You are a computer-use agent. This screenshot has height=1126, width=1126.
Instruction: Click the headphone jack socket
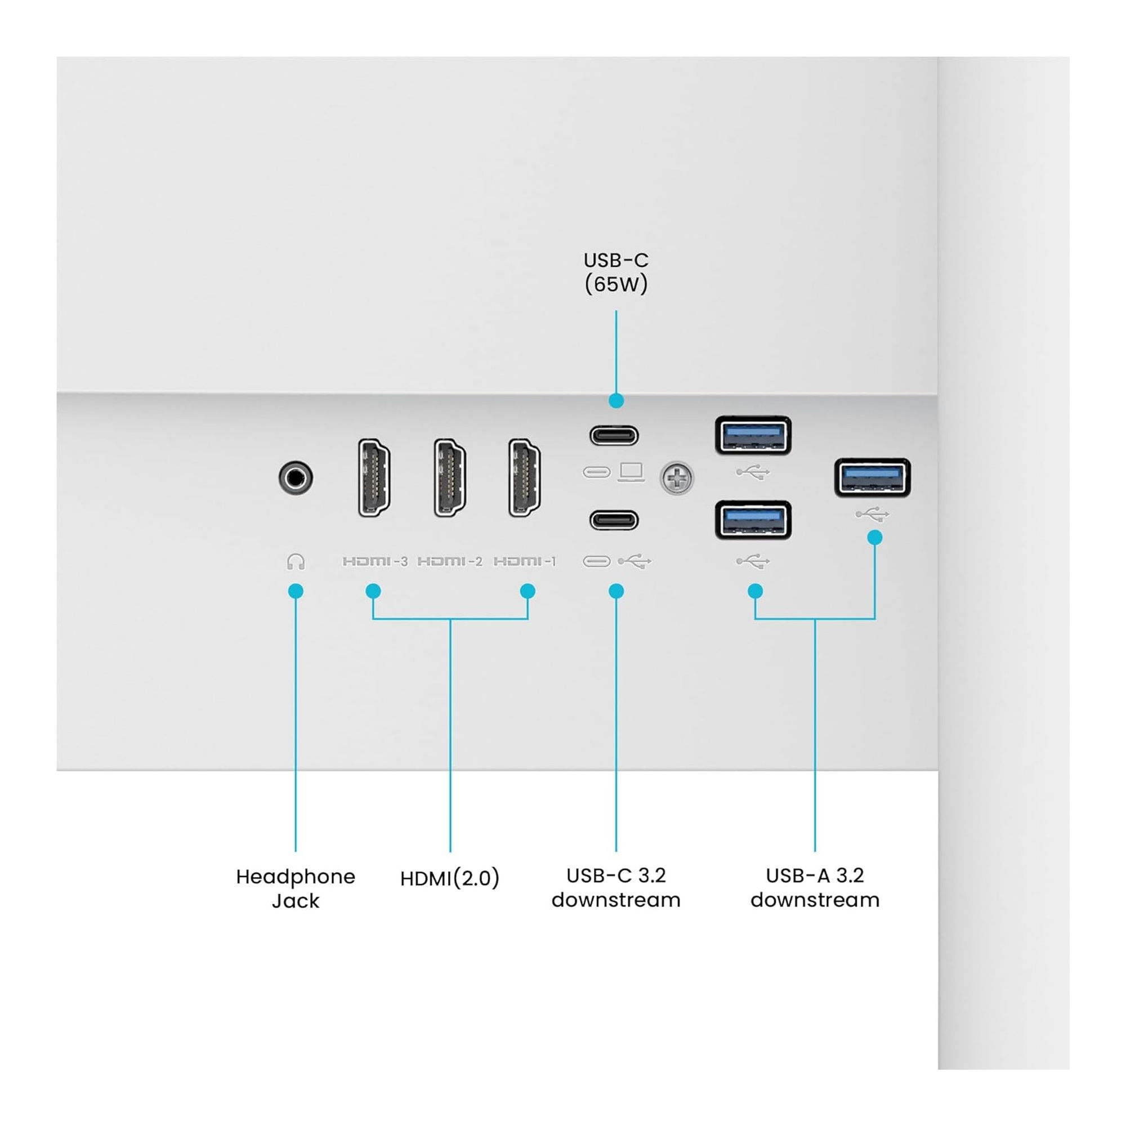[x=296, y=478]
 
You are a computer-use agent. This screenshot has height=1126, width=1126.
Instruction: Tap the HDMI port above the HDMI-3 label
[x=374, y=478]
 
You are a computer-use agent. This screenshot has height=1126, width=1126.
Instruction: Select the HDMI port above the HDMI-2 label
[x=449, y=478]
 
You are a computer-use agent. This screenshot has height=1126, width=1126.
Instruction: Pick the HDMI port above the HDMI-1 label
[x=525, y=478]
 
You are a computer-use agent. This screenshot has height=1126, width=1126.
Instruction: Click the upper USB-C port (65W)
[x=614, y=435]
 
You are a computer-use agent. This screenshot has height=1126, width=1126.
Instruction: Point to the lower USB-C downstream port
[x=614, y=520]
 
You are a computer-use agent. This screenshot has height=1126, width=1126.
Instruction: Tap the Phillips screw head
[x=677, y=479]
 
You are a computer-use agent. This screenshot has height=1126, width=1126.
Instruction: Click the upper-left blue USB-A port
[x=753, y=435]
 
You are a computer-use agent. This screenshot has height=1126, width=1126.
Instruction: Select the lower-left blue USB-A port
[x=753, y=520]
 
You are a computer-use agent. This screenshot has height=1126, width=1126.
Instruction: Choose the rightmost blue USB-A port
[x=873, y=478]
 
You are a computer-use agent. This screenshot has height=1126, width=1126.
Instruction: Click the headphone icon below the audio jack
[x=296, y=561]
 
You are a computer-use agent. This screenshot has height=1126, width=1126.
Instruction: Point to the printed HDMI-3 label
[x=376, y=561]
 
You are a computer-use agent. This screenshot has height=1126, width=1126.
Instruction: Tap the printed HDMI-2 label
[x=450, y=561]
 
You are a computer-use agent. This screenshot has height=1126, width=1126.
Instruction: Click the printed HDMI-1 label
[x=525, y=561]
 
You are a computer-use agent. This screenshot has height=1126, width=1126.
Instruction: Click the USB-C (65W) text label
[x=616, y=272]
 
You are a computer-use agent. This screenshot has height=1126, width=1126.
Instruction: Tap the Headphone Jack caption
[x=296, y=889]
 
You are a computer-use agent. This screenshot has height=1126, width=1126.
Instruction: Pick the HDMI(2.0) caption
[x=450, y=878]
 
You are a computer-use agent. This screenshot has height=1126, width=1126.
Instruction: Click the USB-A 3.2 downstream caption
[x=815, y=888]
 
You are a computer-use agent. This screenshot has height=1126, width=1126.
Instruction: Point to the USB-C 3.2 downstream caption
[x=616, y=888]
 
